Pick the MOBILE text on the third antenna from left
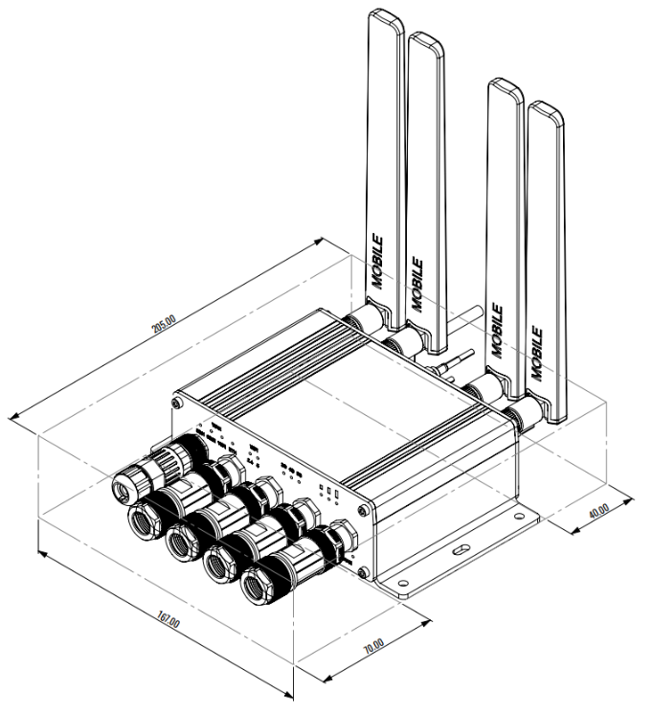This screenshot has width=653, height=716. (x=496, y=332)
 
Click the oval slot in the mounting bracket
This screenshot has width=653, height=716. (x=461, y=550)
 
